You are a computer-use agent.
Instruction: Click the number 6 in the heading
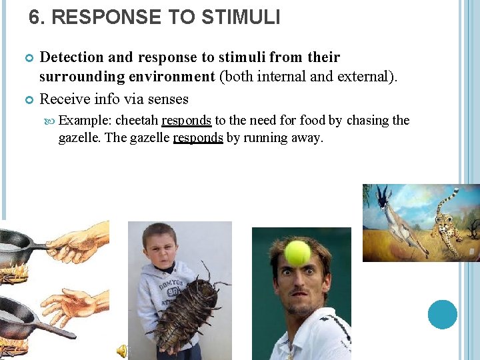[x=35, y=17]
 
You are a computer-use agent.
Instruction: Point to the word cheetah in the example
[x=137, y=121]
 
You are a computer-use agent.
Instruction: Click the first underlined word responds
[x=187, y=121]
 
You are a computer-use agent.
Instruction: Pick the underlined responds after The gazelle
[x=198, y=138]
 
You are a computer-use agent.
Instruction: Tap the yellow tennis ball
[x=297, y=253]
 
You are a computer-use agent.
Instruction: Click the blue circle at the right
[x=443, y=314]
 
